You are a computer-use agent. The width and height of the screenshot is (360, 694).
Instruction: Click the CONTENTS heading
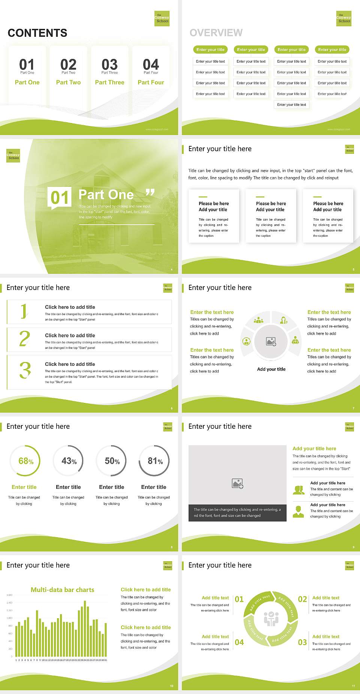pyautogui.click(x=37, y=33)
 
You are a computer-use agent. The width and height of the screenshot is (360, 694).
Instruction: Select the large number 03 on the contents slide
pyautogui.click(x=109, y=65)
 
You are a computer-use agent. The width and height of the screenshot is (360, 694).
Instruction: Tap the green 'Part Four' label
pyautogui.click(x=151, y=82)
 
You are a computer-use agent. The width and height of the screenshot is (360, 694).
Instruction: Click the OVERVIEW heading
pyautogui.click(x=216, y=33)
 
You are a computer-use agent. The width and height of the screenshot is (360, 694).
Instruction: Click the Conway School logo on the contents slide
pyautogui.click(x=162, y=18)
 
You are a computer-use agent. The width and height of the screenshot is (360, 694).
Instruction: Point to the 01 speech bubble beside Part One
pyautogui.click(x=60, y=197)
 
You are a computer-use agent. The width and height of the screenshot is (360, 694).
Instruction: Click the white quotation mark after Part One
pyautogui.click(x=150, y=193)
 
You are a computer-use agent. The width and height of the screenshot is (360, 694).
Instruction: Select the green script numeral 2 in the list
pyautogui.click(x=24, y=339)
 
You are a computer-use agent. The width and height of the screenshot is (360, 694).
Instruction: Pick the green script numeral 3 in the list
pyautogui.click(x=25, y=370)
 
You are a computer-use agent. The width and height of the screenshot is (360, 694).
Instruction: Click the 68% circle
pyautogui.click(x=25, y=461)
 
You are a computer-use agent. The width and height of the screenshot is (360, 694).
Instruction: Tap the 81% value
pyautogui.click(x=155, y=461)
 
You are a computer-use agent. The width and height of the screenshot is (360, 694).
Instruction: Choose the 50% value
pyautogui.click(x=112, y=461)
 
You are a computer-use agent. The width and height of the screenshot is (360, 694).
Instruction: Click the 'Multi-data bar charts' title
pyautogui.click(x=63, y=590)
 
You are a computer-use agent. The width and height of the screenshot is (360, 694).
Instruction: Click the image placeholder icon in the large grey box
pyautogui.click(x=237, y=483)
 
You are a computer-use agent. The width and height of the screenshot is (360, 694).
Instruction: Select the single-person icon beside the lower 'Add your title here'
pyautogui.click(x=298, y=511)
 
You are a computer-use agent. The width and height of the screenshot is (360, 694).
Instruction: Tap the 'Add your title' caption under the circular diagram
pyautogui.click(x=271, y=369)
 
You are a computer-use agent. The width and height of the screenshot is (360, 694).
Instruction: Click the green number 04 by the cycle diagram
pyautogui.click(x=239, y=642)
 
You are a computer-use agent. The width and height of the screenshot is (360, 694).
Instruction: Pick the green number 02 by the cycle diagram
pyautogui.click(x=302, y=599)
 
